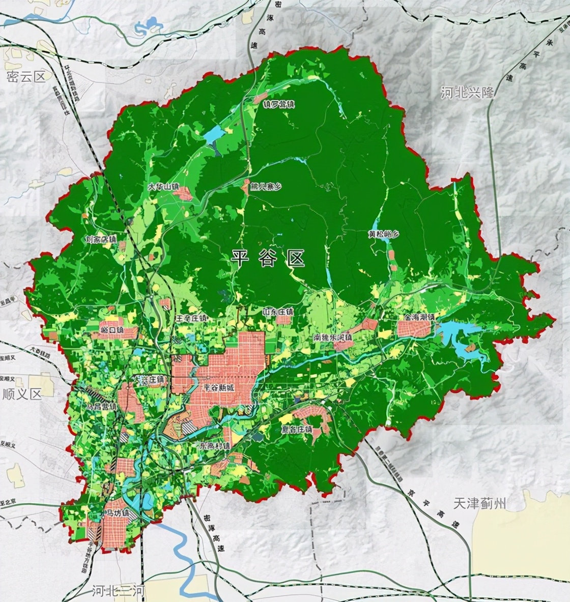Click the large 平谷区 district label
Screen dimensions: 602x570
tap(268, 258)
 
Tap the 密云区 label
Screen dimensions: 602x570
tap(26, 77)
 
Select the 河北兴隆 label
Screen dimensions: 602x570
tap(467, 93)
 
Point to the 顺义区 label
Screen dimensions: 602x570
tap(21, 394)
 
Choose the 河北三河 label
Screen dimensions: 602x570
tap(119, 591)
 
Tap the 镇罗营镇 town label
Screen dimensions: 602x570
tap(279, 104)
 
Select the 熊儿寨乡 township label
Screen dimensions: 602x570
tap(263, 187)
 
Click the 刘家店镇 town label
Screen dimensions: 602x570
tap(101, 238)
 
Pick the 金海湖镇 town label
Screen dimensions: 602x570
tap(419, 317)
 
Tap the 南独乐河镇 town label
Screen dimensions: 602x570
tap(333, 337)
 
